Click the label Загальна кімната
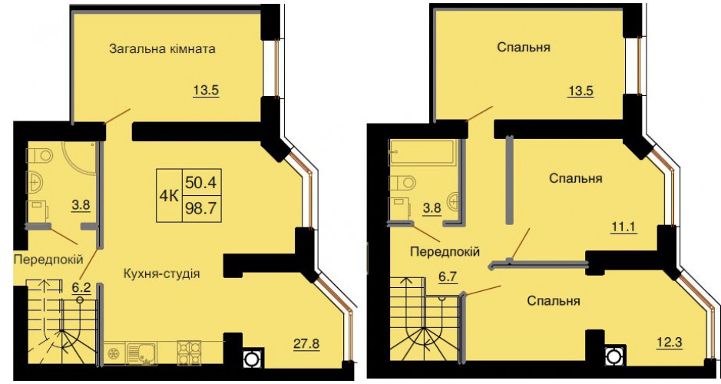(x=162, y=48)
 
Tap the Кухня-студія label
(x=162, y=273)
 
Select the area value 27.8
(x=306, y=343)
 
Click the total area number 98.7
(x=200, y=209)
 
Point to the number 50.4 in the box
(x=200, y=183)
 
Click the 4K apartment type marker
(x=169, y=197)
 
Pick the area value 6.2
(x=81, y=288)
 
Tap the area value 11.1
(x=623, y=227)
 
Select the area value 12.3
(x=669, y=343)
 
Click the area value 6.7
(x=448, y=277)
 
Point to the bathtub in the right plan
(x=422, y=152)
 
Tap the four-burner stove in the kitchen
(x=189, y=353)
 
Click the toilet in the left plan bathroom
(x=40, y=155)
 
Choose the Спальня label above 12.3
(x=553, y=301)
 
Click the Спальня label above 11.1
(x=576, y=178)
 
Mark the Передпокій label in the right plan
(x=445, y=252)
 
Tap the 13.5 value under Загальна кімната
(x=206, y=90)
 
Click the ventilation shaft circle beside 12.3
(x=613, y=356)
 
